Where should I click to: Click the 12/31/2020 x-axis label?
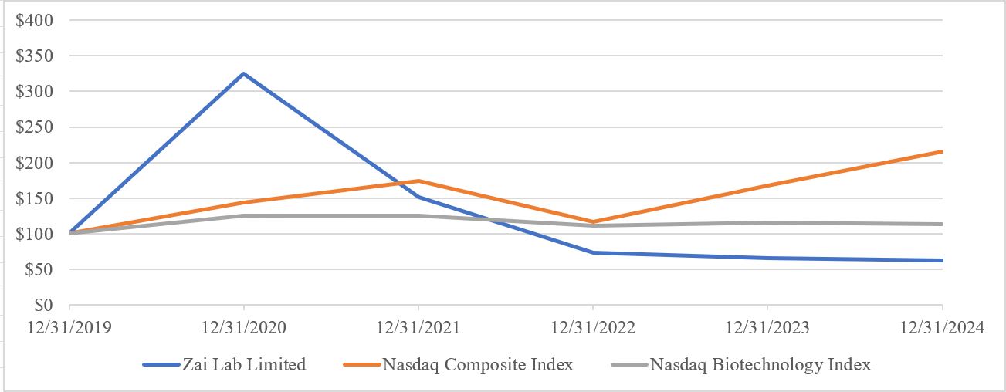(244, 328)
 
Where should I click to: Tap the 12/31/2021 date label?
(418, 328)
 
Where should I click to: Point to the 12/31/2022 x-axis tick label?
(593, 328)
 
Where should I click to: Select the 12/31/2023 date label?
(767, 328)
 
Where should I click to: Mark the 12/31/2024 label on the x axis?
(942, 328)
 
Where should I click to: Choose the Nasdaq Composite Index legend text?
(478, 365)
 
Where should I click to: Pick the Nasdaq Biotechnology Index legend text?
(760, 365)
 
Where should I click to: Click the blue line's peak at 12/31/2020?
(244, 74)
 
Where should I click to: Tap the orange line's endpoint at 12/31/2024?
(942, 151)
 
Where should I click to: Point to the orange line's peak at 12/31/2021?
(418, 181)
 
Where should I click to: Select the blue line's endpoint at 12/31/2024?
(942, 260)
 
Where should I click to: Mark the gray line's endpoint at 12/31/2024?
(942, 224)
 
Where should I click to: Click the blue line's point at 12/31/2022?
(593, 252)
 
